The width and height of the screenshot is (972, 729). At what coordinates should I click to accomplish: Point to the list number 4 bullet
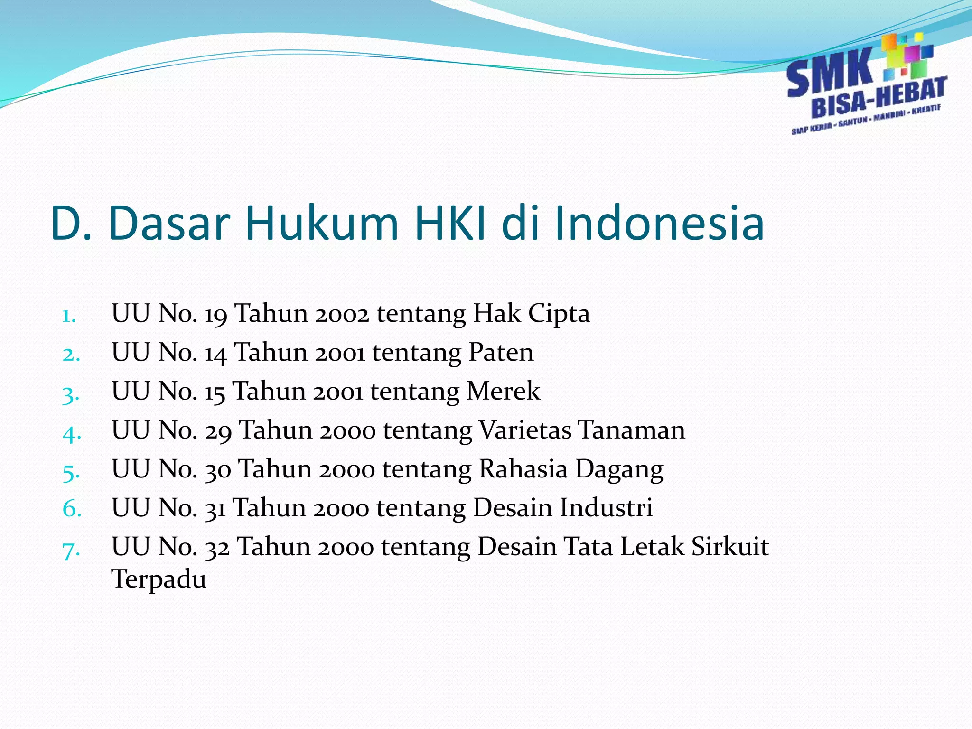[x=72, y=433]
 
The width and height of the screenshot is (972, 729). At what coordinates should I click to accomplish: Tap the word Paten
[x=501, y=353]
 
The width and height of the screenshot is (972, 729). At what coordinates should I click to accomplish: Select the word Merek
[x=503, y=392]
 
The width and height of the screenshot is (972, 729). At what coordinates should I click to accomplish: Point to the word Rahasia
[x=523, y=469]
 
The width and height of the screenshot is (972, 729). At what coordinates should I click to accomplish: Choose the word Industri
[x=606, y=508]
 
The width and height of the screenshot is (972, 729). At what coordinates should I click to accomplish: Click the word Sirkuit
[x=730, y=547]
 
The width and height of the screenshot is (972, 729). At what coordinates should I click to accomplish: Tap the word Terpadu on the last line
[x=159, y=579]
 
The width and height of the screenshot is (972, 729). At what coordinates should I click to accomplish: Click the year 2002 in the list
[x=342, y=314]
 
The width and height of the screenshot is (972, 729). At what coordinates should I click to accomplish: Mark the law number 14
[x=215, y=354]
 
